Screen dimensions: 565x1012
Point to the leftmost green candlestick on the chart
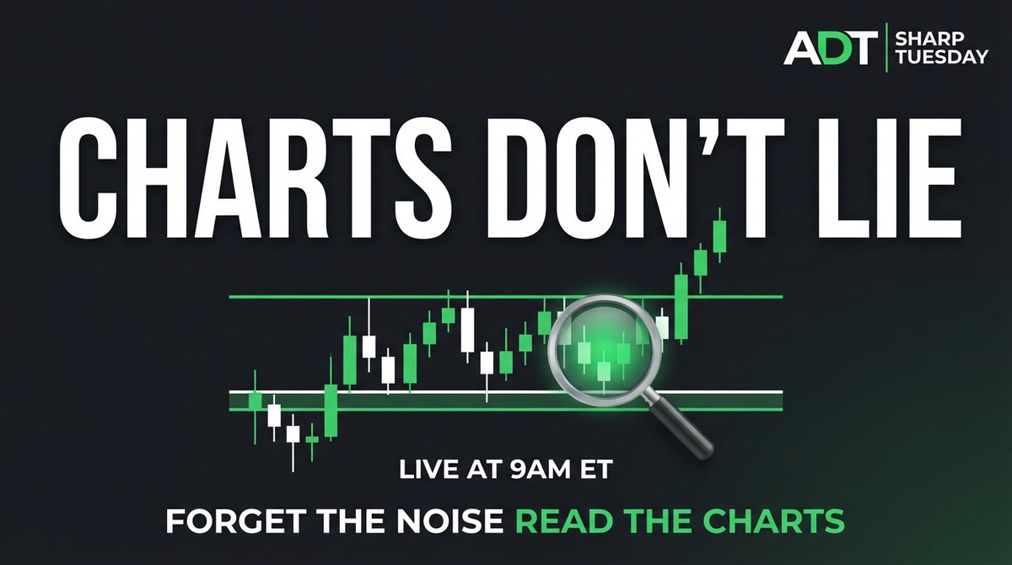256,402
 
